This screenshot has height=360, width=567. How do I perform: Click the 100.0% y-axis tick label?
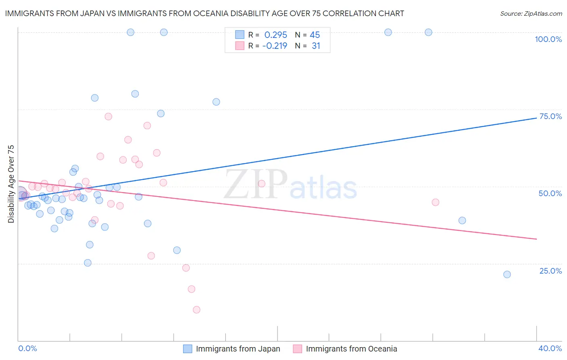click(548, 39)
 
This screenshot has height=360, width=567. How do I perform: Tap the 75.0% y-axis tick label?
click(550, 116)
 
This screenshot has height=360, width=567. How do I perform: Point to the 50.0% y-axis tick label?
click(550, 193)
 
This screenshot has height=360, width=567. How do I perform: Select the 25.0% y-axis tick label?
click(550, 271)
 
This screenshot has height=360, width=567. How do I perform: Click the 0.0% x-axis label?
click(28, 348)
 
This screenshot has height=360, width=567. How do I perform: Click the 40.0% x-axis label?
click(550, 348)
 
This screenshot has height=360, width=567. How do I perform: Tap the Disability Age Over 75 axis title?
click(11, 184)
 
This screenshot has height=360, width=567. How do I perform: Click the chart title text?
click(204, 13)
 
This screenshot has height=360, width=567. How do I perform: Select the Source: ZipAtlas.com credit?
click(531, 14)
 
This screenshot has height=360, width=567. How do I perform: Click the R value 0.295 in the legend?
click(275, 35)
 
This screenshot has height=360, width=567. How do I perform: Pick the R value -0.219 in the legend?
click(275, 46)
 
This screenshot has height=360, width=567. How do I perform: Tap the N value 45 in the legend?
click(315, 35)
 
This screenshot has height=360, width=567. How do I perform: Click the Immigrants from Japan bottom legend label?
click(238, 349)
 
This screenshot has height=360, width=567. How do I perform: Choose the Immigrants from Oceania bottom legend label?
click(351, 349)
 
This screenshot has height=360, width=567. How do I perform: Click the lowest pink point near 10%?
click(196, 310)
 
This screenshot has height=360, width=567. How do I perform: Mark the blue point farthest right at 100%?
click(428, 32)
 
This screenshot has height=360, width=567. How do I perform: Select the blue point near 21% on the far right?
click(507, 274)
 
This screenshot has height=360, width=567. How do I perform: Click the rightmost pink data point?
click(435, 202)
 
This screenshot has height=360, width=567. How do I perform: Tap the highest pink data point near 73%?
click(108, 117)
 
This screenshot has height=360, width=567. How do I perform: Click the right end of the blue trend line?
click(536, 118)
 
